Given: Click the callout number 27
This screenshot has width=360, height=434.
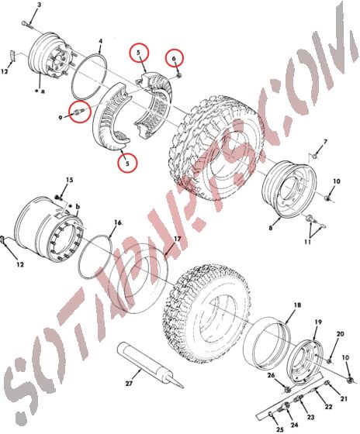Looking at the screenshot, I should click(130, 384).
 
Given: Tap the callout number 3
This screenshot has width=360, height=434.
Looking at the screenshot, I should click(39, 5).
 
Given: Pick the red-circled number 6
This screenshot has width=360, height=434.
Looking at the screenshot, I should click(175, 59).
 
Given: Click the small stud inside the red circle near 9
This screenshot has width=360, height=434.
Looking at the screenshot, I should click(80, 113).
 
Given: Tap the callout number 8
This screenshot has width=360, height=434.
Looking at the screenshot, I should click(270, 229).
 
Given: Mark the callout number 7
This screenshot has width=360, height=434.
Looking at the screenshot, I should click(325, 142).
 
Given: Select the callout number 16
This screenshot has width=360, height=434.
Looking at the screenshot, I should click(117, 222).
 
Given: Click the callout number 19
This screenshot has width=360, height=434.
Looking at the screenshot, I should click(317, 322).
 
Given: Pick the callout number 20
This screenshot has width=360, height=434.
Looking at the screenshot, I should click(339, 333).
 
